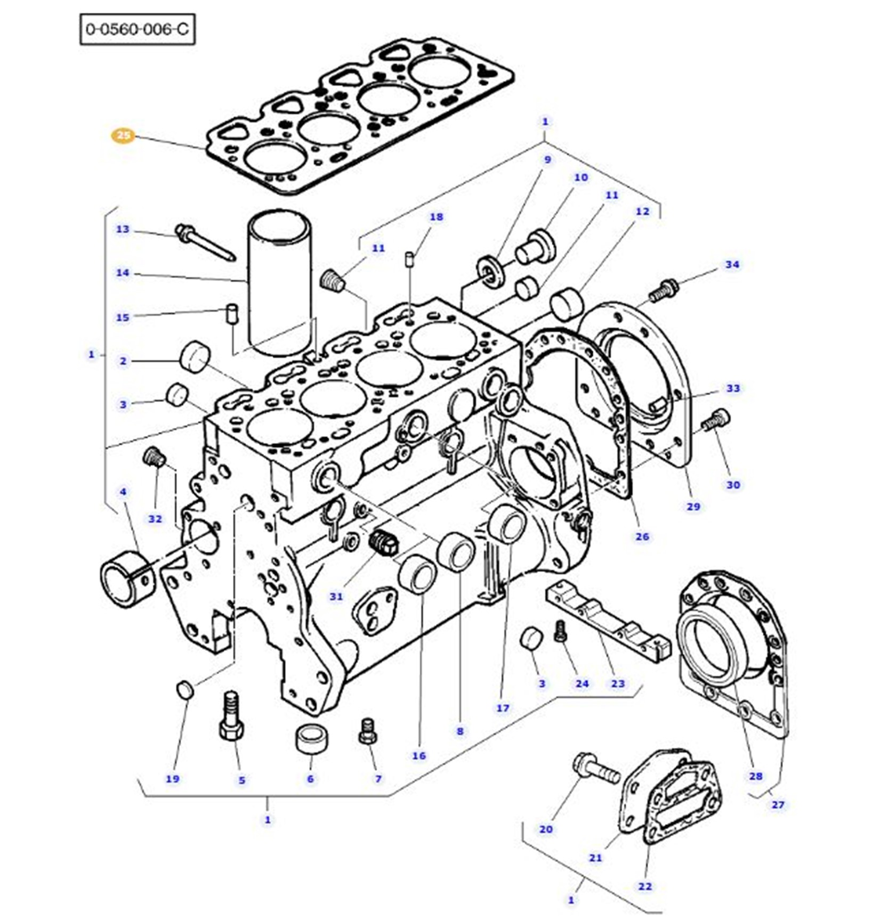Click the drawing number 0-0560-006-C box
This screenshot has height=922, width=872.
pos(138,29)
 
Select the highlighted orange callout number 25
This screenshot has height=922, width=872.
pos(123,136)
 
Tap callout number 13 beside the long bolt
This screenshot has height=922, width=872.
pos(123,229)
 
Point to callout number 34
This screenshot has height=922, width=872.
pos(732,265)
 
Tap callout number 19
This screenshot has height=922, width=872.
pos(172,779)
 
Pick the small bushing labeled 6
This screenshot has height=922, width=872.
pos(312,739)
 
